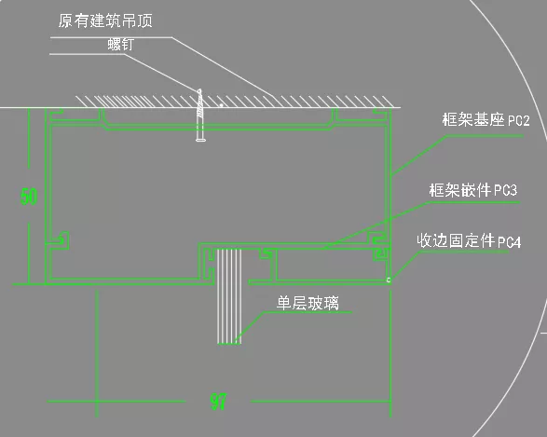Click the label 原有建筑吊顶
click(x=105, y=20)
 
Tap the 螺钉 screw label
click(x=121, y=45)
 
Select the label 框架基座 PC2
click(x=485, y=119)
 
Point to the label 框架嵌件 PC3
click(x=473, y=190)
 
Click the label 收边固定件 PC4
click(x=469, y=241)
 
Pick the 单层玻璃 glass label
click(x=308, y=303)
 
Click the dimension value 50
click(x=29, y=197)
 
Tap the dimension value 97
click(x=219, y=402)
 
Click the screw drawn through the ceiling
click(x=200, y=116)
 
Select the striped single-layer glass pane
click(x=229, y=296)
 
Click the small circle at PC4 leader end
click(x=389, y=280)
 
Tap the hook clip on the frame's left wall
click(x=62, y=240)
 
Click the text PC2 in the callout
click(x=519, y=121)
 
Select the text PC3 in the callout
click(x=506, y=190)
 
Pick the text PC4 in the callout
click(x=510, y=241)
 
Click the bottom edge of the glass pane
click(x=229, y=344)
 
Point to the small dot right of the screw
click(x=221, y=104)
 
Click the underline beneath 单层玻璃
click(x=308, y=312)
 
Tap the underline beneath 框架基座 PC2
click(x=485, y=136)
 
